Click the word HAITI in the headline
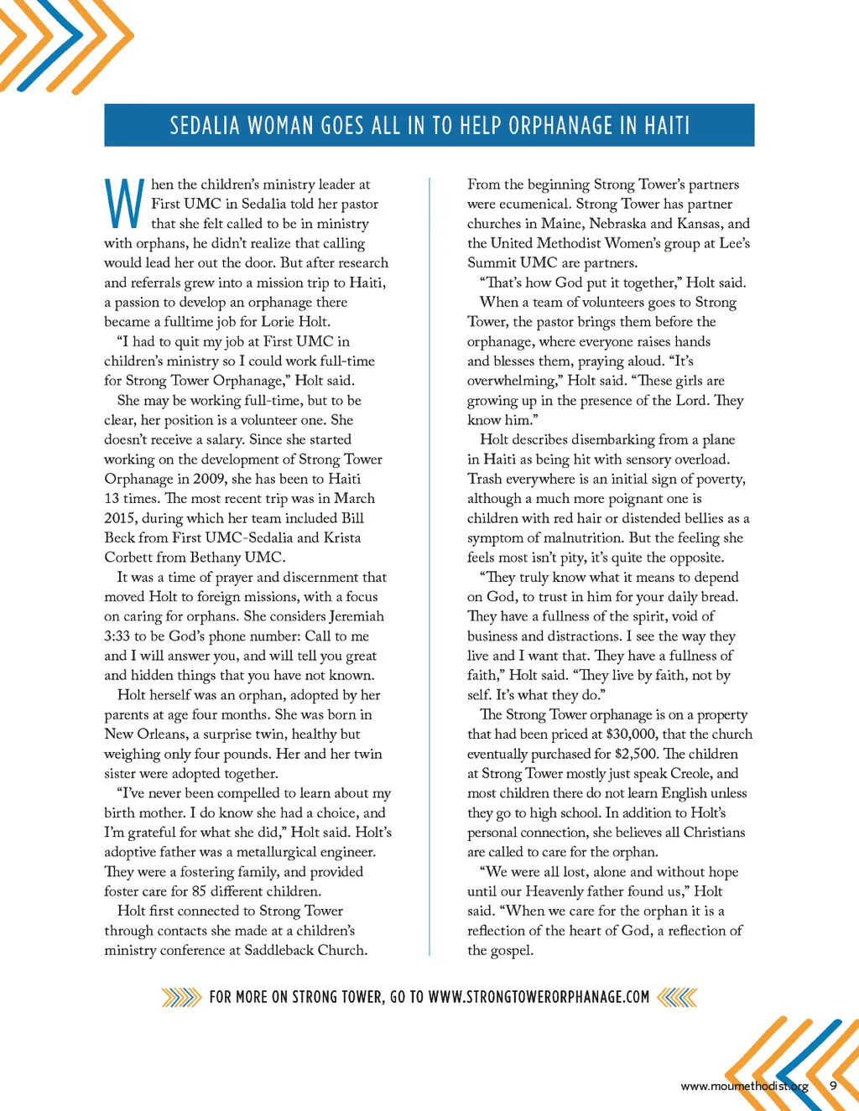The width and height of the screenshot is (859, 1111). (x=667, y=126)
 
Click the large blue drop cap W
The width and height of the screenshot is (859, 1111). (x=124, y=205)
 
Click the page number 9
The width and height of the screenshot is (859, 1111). (x=833, y=1086)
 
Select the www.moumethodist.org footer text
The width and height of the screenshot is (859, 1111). (x=744, y=1087)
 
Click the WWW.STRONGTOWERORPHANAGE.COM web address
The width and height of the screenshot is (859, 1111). (x=539, y=997)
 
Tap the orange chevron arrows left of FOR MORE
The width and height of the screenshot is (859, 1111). (x=181, y=997)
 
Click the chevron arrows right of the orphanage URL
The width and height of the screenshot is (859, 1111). (x=678, y=997)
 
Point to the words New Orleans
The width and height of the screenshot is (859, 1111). (x=144, y=735)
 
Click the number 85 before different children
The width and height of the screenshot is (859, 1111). (x=199, y=891)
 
